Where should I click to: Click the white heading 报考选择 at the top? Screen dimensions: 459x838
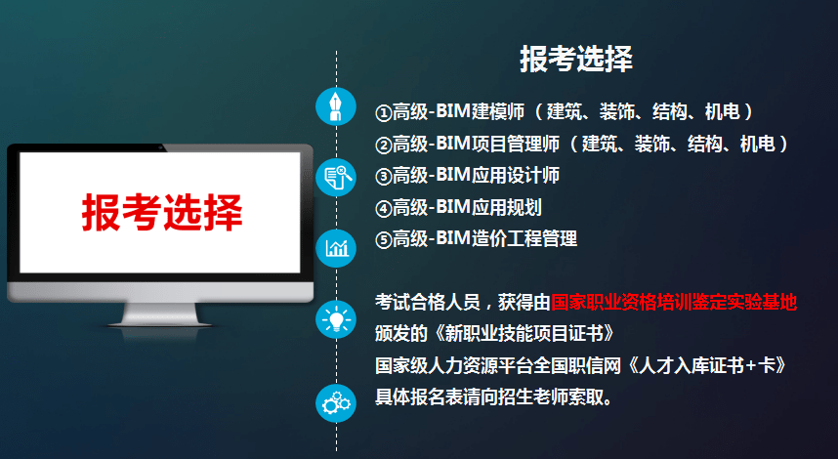point(575,59)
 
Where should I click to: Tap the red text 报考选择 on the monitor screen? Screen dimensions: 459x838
point(161,210)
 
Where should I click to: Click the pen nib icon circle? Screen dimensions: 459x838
point(336,105)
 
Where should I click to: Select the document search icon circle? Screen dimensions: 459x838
point(336,177)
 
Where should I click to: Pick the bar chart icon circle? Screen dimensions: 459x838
point(336,248)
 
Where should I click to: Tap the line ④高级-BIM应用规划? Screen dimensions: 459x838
point(458,206)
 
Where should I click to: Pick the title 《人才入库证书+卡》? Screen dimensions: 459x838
point(707,365)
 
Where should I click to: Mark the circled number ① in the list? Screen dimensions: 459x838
point(384,112)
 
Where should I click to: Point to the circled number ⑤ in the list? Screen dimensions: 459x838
point(384,238)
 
